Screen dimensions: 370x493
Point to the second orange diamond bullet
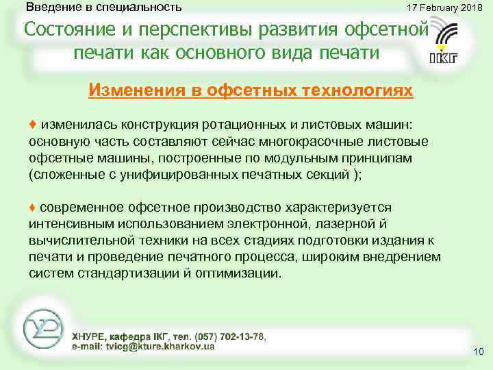click(x=33, y=208)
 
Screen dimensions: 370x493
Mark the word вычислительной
click(x=75, y=241)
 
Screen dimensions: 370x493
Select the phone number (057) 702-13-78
click(x=230, y=337)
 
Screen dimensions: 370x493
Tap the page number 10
click(x=478, y=352)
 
